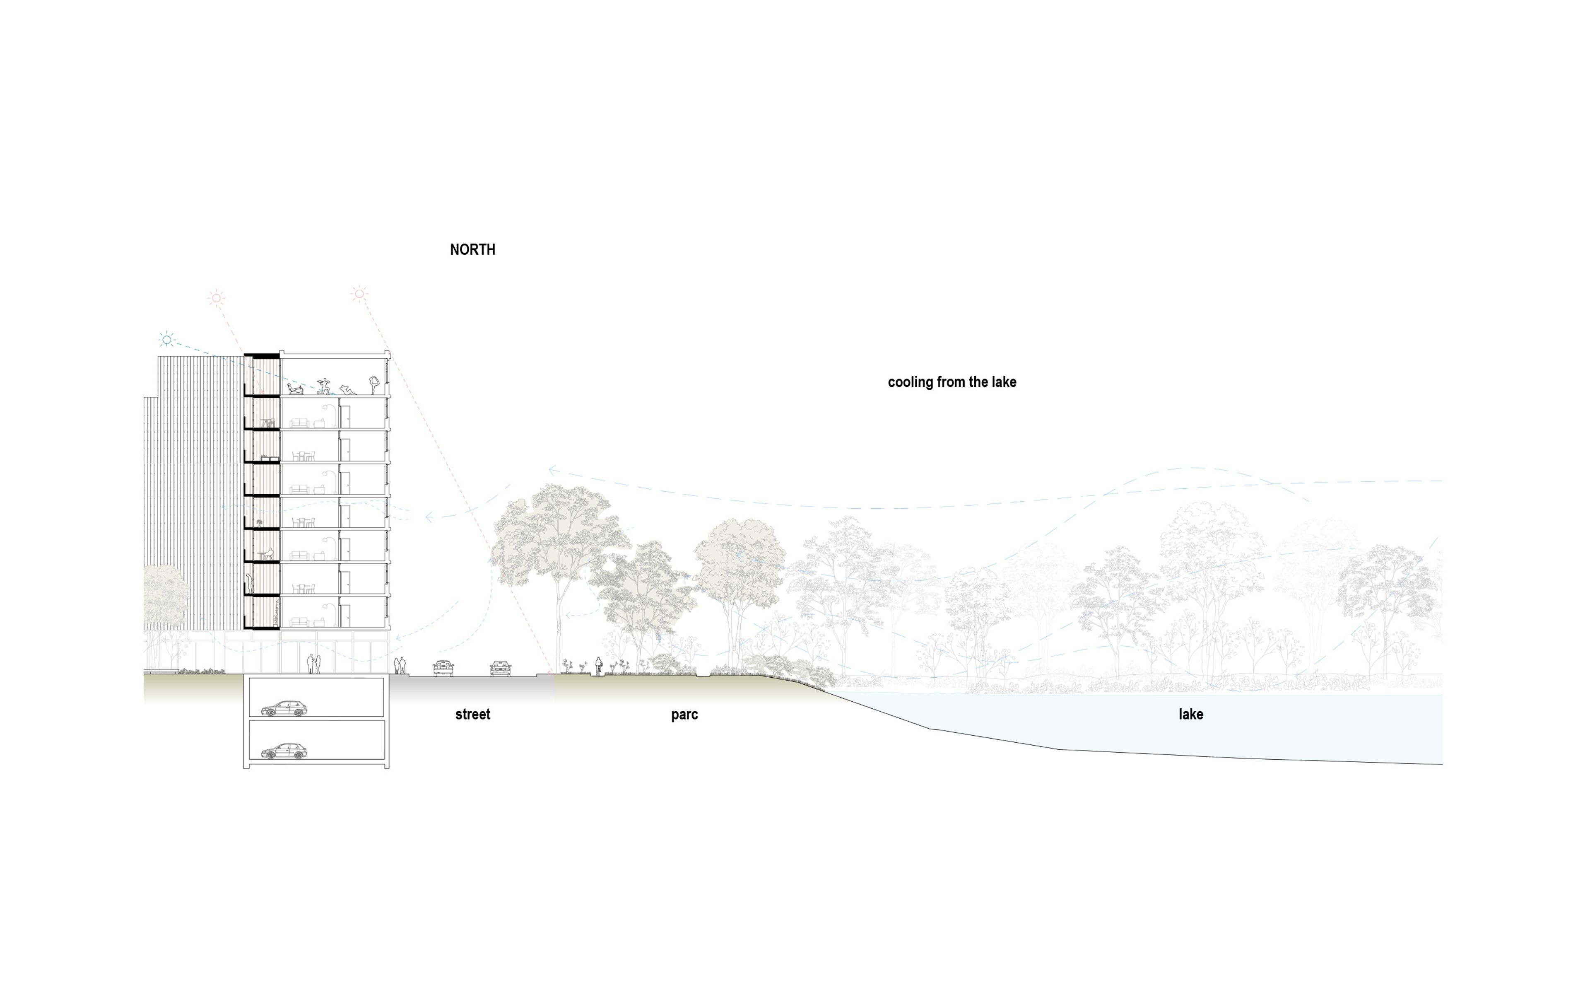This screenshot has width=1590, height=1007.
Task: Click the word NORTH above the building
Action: (x=472, y=250)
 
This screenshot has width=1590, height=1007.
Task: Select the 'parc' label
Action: (x=684, y=714)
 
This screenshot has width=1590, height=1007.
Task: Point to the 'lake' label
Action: (x=1190, y=714)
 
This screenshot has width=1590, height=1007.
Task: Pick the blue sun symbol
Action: (x=167, y=340)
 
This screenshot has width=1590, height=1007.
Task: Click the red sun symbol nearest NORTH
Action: (x=359, y=293)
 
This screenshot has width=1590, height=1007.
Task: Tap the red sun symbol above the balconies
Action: (x=216, y=298)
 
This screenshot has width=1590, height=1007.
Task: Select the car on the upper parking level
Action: (x=284, y=709)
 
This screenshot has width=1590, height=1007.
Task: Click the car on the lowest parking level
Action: (x=284, y=751)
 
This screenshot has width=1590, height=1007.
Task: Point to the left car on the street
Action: (x=443, y=668)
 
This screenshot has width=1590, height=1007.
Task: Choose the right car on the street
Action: (x=501, y=668)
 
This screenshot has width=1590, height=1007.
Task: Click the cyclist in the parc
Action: (x=599, y=666)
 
